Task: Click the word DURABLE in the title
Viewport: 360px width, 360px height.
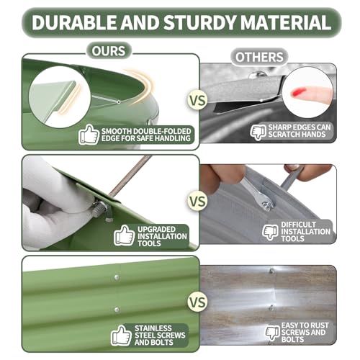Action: point(74,22)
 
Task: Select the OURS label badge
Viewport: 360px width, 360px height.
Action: point(109,51)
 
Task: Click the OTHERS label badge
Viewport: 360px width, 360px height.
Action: point(259,57)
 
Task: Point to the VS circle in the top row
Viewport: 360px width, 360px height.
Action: point(197,100)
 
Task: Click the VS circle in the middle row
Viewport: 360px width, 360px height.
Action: point(197,201)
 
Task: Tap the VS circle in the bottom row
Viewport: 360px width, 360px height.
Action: point(197,302)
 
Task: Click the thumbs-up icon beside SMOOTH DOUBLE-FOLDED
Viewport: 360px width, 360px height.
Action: point(89,135)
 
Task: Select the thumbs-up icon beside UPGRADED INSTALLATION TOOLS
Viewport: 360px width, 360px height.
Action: point(124,235)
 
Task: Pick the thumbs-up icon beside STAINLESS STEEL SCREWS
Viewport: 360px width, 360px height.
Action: point(121,336)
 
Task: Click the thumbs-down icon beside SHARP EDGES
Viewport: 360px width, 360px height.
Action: point(258,132)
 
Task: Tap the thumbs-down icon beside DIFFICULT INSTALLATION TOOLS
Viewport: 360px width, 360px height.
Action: point(271,233)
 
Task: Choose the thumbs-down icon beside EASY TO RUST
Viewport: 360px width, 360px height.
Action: point(273,333)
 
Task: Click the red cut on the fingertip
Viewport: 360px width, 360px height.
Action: point(298,92)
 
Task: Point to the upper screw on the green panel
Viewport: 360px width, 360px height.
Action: point(117,278)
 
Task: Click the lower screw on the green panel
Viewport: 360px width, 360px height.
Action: point(117,310)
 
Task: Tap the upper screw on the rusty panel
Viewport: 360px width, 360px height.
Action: point(271,271)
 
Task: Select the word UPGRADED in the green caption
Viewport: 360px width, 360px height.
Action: point(156,229)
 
